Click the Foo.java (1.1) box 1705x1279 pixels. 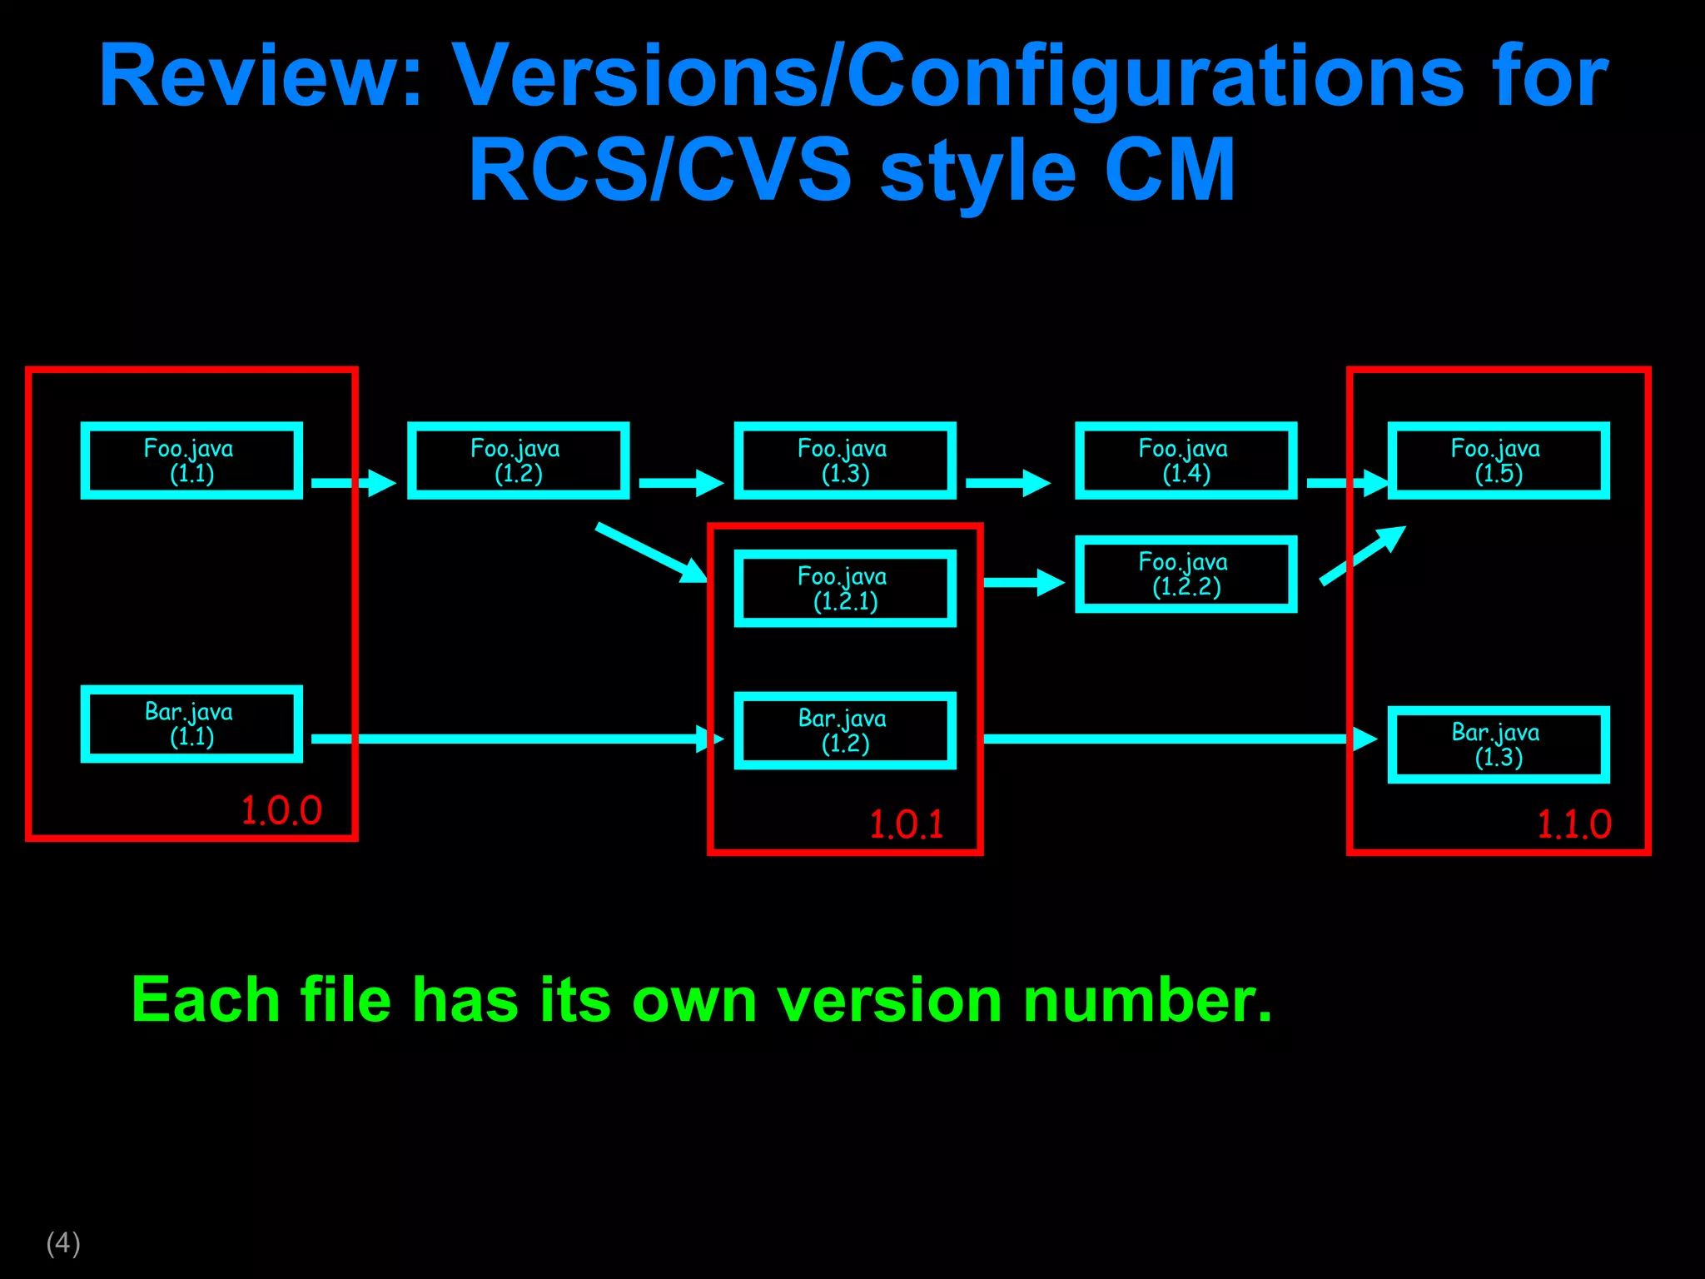191,460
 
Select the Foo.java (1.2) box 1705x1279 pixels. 518,460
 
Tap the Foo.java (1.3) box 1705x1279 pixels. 845,460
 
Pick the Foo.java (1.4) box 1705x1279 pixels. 1186,460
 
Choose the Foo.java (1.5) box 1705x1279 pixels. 1499,460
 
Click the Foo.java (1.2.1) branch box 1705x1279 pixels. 845,588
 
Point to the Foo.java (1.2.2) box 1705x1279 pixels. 1186,574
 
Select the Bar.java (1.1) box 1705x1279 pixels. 191,724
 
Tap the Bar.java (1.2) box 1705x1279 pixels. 845,730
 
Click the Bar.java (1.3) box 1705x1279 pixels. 1499,744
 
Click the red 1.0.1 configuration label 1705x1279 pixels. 907,825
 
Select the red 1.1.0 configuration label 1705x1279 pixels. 1573,825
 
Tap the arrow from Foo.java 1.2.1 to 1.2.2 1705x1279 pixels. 1023,582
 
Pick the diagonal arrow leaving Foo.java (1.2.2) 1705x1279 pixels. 1363,555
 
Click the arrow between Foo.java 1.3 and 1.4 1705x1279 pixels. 1007,483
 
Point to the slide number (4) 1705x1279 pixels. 63,1242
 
